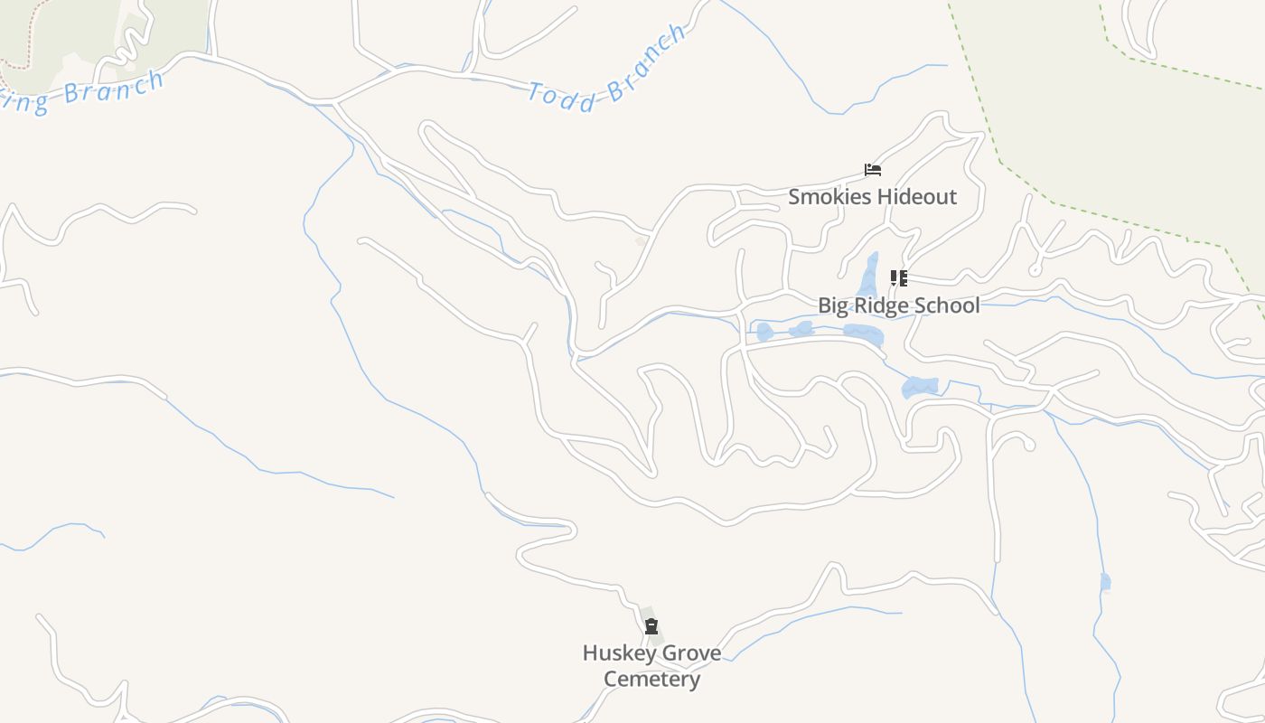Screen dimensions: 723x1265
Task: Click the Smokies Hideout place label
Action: [872, 197]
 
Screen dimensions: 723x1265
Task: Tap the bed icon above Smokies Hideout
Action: [872, 169]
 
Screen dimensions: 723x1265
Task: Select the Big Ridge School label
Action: [898, 305]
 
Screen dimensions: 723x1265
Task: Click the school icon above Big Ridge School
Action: [898, 277]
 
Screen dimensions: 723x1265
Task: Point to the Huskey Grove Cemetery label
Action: [651, 666]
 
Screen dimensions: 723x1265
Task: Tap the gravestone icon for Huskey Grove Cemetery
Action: [651, 626]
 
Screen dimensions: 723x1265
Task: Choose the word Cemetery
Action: [651, 680]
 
